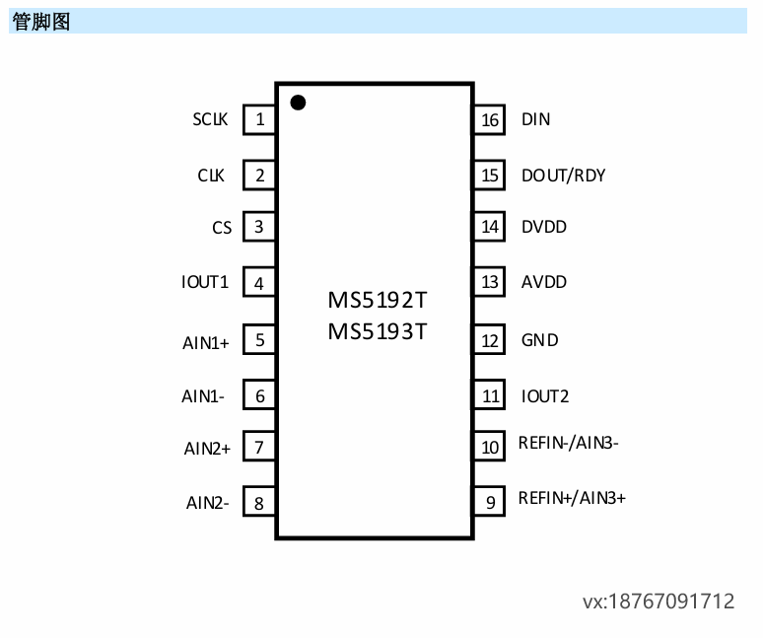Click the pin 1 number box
[x=259, y=119]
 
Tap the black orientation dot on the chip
[x=297, y=102]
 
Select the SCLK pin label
[x=210, y=119]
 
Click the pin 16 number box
[x=489, y=119]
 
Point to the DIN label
[x=535, y=119]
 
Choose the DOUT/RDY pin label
[x=563, y=176]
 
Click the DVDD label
[x=544, y=227]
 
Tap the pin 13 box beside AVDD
[x=489, y=282]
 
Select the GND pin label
[x=539, y=340]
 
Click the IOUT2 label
[x=545, y=396]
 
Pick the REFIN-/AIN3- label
[x=568, y=443]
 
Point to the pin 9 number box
[x=489, y=502]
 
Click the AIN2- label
[x=208, y=502]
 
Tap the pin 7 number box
[x=259, y=447]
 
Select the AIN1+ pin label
[x=206, y=343]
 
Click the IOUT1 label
[x=205, y=282]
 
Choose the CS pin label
[x=222, y=228]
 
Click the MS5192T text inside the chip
[x=378, y=299]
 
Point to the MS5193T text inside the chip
[x=378, y=330]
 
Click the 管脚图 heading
[x=41, y=21]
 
